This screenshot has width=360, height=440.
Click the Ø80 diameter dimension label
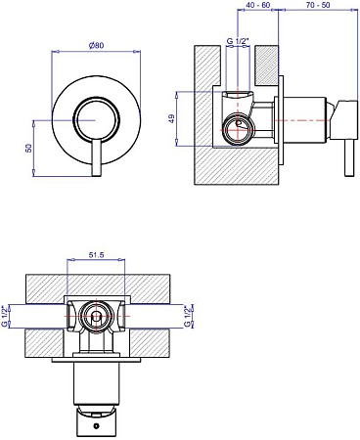click(96, 45)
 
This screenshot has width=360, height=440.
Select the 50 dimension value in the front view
click(29, 148)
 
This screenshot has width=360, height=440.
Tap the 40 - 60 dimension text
click(258, 5)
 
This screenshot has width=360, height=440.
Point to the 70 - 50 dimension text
click(318, 5)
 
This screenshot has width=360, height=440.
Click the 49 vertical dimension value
click(172, 118)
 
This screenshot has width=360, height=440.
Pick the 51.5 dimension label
click(96, 255)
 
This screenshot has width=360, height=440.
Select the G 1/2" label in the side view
click(238, 41)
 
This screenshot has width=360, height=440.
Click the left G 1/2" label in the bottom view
click(5, 316)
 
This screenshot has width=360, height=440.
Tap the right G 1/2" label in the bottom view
click(187, 316)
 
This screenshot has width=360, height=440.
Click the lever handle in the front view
click(97, 158)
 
